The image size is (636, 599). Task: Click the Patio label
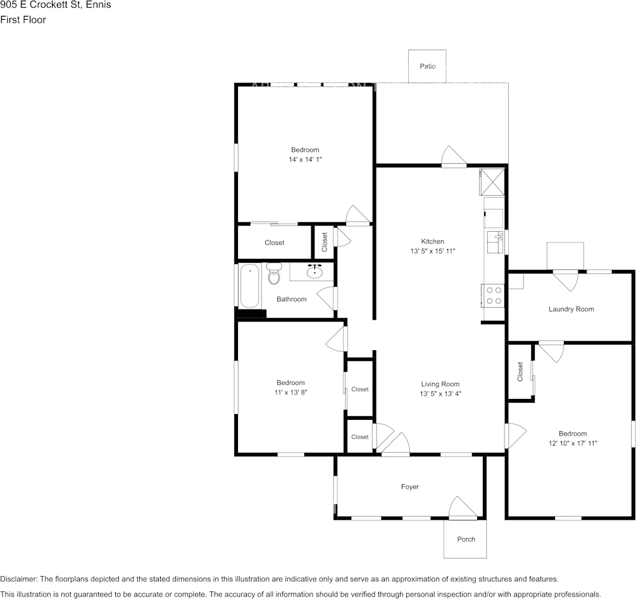click(x=428, y=66)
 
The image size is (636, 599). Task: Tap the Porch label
click(x=466, y=539)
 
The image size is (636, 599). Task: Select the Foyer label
click(x=409, y=486)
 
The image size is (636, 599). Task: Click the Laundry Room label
click(x=571, y=309)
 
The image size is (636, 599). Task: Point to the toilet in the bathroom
click(x=275, y=274)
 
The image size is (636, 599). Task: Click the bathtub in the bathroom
click(x=249, y=286)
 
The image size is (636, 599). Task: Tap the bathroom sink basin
click(x=315, y=272)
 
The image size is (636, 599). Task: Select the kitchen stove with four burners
click(x=493, y=296)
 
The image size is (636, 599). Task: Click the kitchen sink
click(x=494, y=242)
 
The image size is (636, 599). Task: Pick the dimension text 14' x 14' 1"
click(x=305, y=160)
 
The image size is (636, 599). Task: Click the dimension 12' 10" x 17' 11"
click(x=573, y=443)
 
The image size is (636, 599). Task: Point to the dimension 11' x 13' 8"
click(x=291, y=393)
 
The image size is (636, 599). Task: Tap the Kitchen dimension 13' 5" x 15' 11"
click(x=433, y=251)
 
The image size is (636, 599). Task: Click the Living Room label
click(x=440, y=384)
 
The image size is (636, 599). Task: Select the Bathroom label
click(x=292, y=299)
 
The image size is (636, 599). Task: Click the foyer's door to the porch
click(x=463, y=508)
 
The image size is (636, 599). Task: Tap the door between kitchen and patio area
click(x=454, y=156)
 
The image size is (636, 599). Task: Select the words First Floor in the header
click(x=23, y=20)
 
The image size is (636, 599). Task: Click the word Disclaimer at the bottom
click(x=18, y=579)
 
